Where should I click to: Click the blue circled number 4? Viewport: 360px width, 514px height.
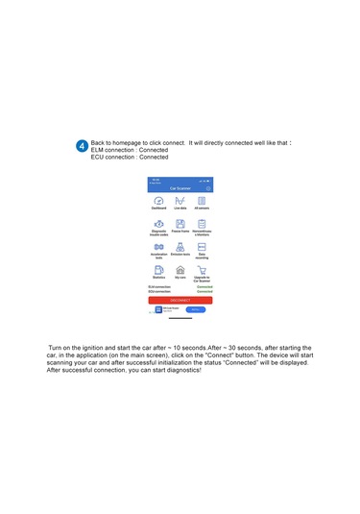click(x=82, y=145)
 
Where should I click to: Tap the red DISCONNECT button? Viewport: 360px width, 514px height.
click(x=180, y=300)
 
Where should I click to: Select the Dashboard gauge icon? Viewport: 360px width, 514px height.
click(x=158, y=200)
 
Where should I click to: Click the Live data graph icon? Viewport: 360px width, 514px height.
click(x=180, y=200)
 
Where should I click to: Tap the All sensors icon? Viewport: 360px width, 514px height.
click(x=202, y=200)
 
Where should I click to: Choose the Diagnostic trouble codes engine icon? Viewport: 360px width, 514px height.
click(x=158, y=223)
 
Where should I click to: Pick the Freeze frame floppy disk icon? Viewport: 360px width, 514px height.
click(x=180, y=223)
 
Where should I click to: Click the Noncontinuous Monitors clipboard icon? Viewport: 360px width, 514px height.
click(x=202, y=223)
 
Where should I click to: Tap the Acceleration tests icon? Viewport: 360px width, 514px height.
click(x=158, y=247)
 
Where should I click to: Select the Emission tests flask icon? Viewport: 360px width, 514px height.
click(x=180, y=247)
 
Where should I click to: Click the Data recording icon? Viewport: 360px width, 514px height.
click(x=202, y=247)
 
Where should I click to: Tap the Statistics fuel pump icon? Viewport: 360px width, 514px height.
click(x=158, y=271)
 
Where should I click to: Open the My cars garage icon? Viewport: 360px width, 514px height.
click(x=180, y=271)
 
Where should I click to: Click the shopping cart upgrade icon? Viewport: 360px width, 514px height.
click(x=202, y=271)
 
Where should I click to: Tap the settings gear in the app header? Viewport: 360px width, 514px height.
click(x=208, y=188)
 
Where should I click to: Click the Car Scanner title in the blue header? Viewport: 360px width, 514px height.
click(x=180, y=188)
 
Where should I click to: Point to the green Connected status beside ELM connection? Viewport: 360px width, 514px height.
click(x=204, y=286)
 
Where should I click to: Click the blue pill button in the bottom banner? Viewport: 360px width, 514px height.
click(x=194, y=309)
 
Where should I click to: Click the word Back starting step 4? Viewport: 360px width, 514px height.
click(x=99, y=140)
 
